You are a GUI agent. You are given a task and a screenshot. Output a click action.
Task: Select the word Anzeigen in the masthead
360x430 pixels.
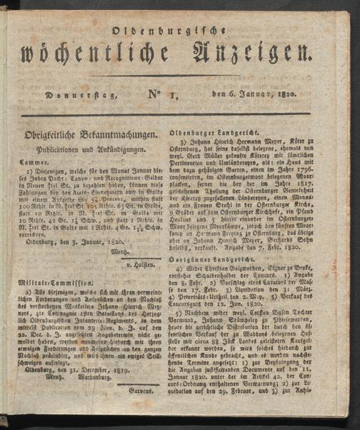pyautogui.click(x=252, y=54)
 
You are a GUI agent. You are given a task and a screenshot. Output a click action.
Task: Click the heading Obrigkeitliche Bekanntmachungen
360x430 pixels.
pyautogui.click(x=89, y=135)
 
